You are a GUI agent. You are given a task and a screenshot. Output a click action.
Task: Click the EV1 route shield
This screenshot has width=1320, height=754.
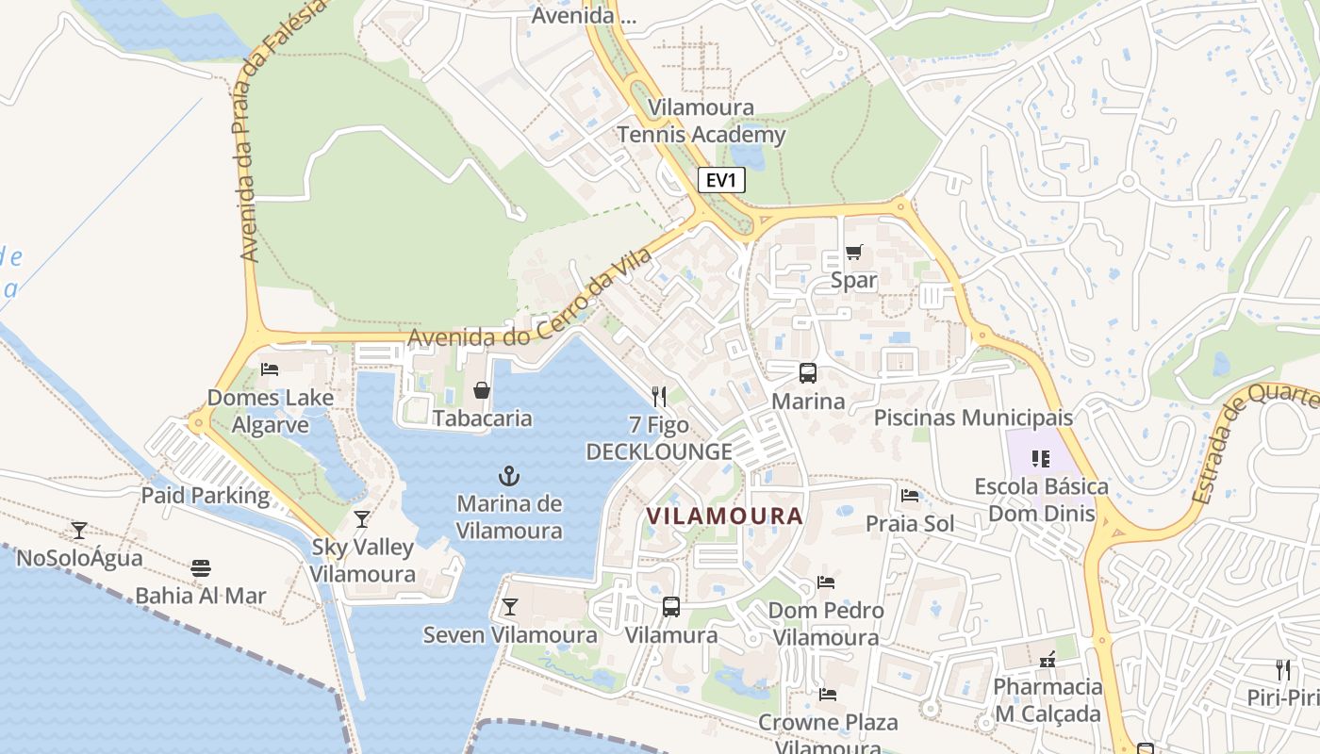pos(721,180)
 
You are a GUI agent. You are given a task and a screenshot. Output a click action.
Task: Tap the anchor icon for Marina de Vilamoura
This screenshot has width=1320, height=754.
pos(509,476)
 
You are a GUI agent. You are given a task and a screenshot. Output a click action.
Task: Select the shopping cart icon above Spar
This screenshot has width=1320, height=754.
pos(854,252)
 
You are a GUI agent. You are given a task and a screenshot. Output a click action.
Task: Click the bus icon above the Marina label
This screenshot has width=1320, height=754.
pos(808,372)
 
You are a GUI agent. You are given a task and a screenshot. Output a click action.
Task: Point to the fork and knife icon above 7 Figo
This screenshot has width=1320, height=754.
pos(659,397)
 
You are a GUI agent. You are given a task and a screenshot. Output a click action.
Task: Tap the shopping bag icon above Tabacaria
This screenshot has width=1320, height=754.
pos(482,389)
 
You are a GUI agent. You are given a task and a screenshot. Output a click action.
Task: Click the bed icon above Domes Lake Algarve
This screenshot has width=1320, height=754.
pos(270,369)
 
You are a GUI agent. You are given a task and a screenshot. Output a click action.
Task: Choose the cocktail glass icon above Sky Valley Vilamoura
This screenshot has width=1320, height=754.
pos(362,518)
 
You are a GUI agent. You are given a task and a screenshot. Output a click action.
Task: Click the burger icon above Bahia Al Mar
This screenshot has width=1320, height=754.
pos(201,567)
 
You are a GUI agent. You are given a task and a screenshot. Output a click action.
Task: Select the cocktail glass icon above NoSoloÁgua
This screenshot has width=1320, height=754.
pos(79,530)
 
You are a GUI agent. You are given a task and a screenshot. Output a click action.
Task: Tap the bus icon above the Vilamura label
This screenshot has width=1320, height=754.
pos(671,606)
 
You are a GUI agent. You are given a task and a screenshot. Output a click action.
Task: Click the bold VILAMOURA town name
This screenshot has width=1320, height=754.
pos(724,516)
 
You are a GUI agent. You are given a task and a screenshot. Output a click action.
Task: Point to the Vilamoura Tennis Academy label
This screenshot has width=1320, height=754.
pos(701,122)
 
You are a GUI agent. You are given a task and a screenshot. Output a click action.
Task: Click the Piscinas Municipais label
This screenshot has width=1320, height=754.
pos(973,418)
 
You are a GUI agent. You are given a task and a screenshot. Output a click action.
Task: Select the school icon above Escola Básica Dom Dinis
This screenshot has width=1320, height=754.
pos(1041,459)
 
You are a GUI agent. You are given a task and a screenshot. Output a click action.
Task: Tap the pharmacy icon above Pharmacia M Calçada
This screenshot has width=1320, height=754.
pos(1047,659)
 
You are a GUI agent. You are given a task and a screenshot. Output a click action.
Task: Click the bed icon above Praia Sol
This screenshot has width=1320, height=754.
pos(910,495)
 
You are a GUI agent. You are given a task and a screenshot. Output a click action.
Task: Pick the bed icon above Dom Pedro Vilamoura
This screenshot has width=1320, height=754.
pos(826,582)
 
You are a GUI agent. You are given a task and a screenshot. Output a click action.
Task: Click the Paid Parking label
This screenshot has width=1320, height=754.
pos(206,495)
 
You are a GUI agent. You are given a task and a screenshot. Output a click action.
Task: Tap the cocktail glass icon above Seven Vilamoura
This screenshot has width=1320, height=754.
pos(510,606)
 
